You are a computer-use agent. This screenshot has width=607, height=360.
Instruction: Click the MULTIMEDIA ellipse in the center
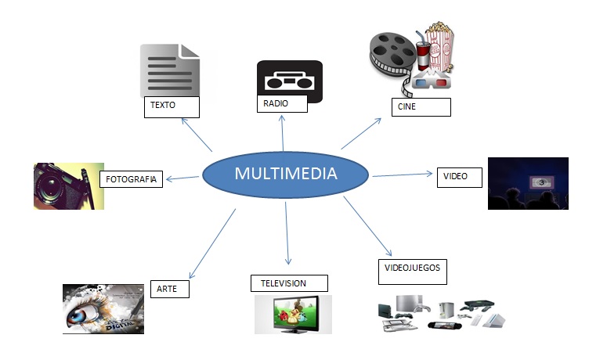pyautogui.click(x=286, y=173)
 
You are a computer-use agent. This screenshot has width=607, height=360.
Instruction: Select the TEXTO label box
pyautogui.click(x=172, y=107)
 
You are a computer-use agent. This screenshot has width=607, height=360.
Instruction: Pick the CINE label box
pyautogui.click(x=421, y=107)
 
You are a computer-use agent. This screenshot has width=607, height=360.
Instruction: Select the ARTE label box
pyautogui.click(x=169, y=290)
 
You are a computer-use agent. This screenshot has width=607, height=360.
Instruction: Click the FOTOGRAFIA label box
pyautogui.click(x=131, y=180)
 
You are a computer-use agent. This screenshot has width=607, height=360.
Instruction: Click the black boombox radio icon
pyautogui.click(x=289, y=80)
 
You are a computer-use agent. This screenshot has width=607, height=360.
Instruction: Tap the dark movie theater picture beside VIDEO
pyautogui.click(x=527, y=184)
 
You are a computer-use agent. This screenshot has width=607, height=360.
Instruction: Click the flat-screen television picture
pyautogui.click(x=292, y=314)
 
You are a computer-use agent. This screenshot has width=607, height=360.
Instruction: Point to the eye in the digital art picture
pyautogui.click(x=89, y=311)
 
